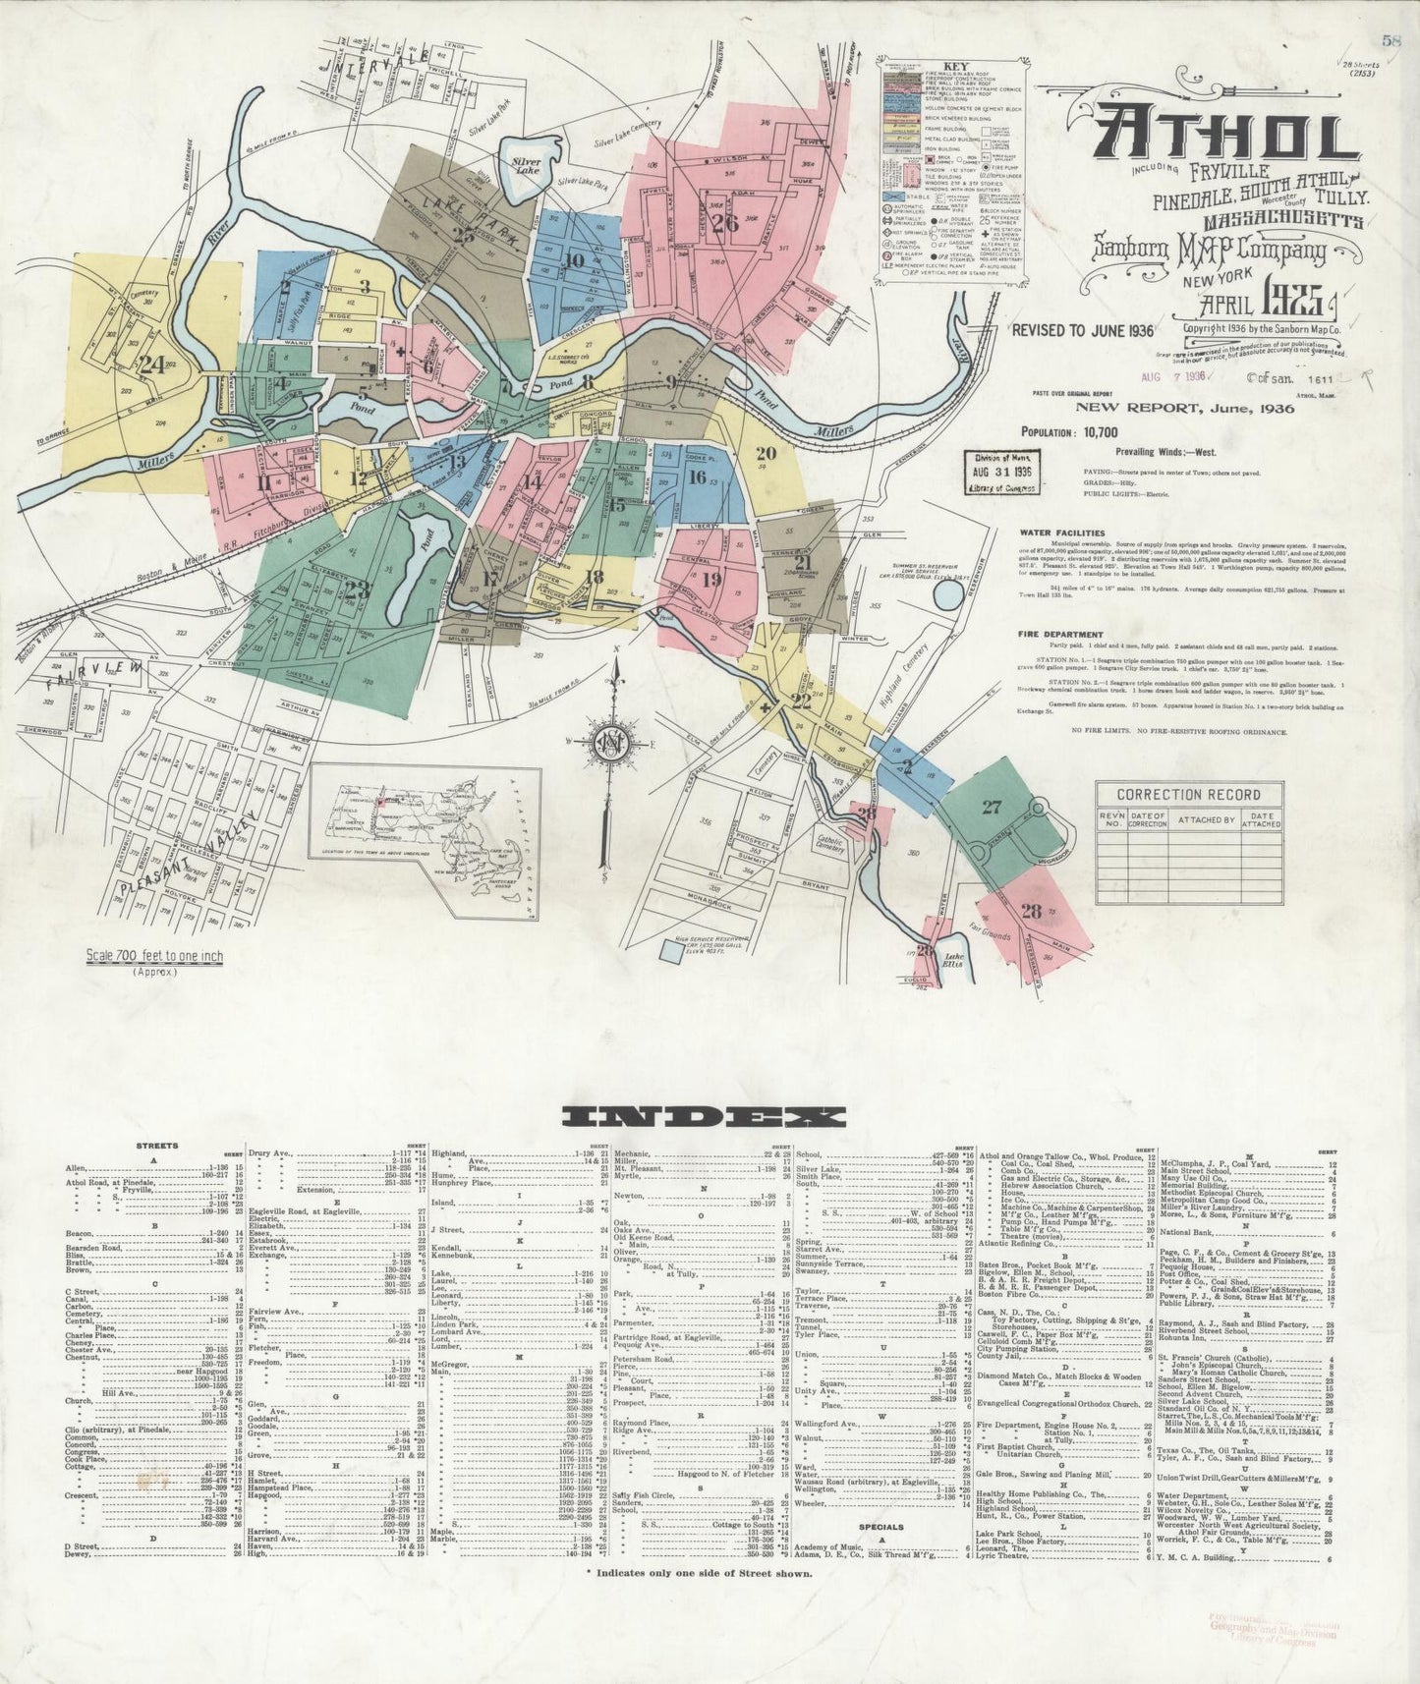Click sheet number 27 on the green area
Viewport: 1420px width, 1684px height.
pyautogui.click(x=991, y=807)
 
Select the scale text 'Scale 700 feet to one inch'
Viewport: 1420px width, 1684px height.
pyautogui.click(x=154, y=956)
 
